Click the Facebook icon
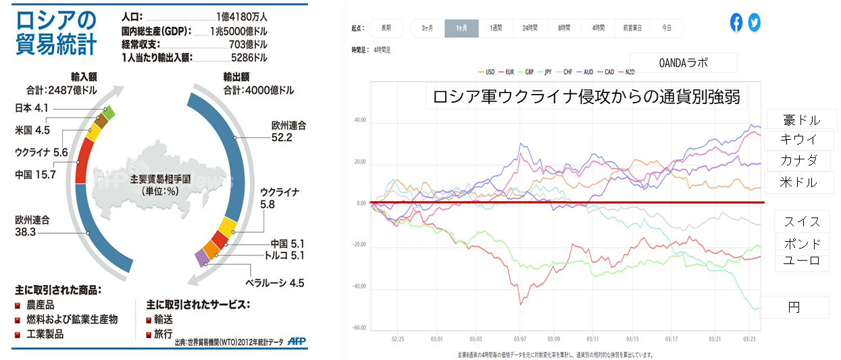click(736, 22)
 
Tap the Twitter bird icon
click(754, 22)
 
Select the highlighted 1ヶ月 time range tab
click(461, 28)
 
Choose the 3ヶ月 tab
click(428, 28)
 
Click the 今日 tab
click(667, 28)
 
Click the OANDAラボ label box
click(683, 63)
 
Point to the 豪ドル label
click(802, 120)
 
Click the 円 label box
click(794, 307)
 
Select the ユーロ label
click(802, 261)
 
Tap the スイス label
click(802, 222)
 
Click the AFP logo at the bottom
click(297, 340)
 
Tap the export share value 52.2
click(282, 137)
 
